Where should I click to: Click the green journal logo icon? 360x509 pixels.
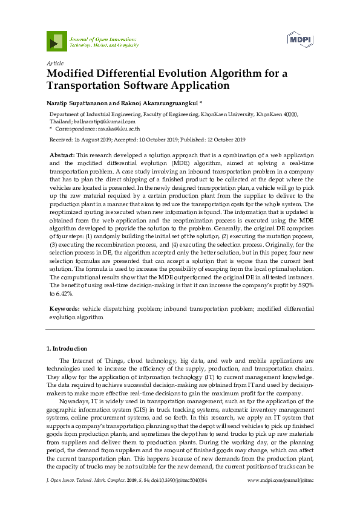56,41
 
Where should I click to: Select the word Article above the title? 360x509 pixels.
54,63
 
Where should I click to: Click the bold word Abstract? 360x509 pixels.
62,156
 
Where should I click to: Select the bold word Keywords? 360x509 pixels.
64,309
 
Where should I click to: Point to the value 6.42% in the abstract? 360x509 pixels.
65,293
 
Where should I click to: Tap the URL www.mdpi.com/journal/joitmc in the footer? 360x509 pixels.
281,479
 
